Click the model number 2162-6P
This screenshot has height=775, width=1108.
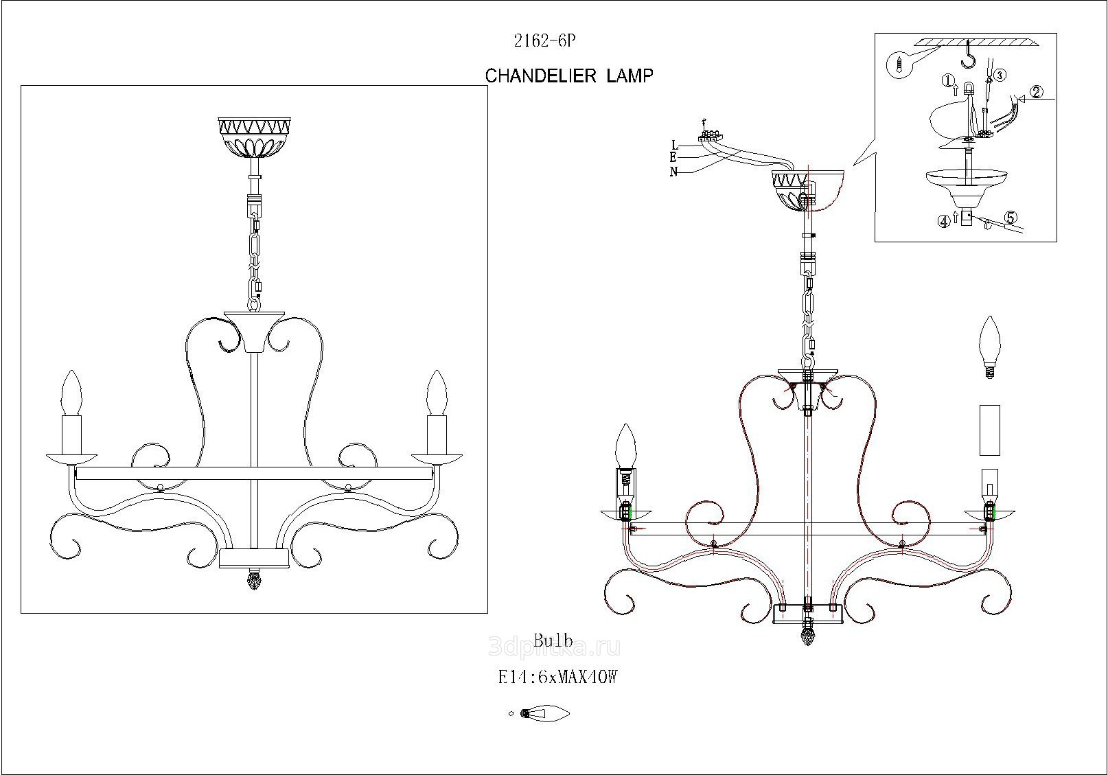[544, 41]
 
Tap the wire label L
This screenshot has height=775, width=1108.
[675, 145]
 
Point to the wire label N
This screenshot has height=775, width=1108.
[674, 172]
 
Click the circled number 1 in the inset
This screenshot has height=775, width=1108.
[948, 80]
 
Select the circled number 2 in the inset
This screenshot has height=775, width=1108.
[1037, 92]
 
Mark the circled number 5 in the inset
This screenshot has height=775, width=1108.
[1010, 218]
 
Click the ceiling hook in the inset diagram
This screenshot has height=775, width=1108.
[969, 56]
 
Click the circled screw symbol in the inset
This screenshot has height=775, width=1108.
[899, 65]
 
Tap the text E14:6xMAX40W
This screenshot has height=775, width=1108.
[557, 678]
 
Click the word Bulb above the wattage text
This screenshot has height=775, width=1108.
[553, 642]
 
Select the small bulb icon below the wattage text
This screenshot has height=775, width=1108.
[545, 713]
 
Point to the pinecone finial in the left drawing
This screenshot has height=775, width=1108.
[254, 581]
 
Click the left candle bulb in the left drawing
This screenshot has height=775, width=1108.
[72, 393]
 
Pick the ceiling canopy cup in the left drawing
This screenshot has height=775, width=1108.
[254, 137]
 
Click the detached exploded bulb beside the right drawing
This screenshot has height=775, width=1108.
[989, 347]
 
